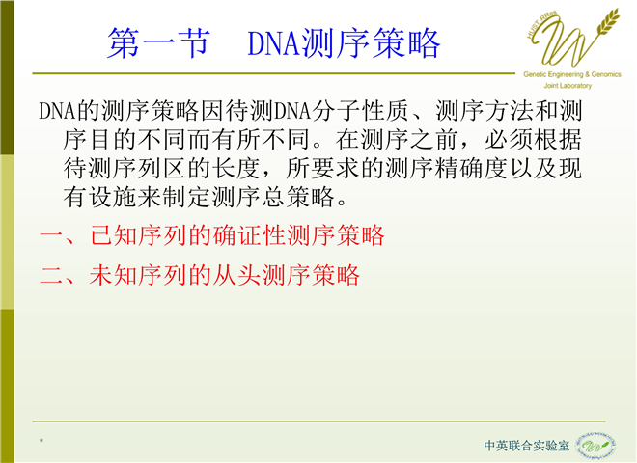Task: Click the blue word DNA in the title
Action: tap(274, 43)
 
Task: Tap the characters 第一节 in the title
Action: tap(159, 43)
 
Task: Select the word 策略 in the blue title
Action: tap(406, 43)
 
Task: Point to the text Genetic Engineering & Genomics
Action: tap(572, 74)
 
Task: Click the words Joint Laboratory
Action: tap(568, 86)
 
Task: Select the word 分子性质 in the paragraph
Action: tap(360, 111)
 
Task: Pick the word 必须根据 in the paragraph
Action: tap(533, 139)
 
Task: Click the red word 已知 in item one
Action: tap(113, 235)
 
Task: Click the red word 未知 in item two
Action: tap(113, 275)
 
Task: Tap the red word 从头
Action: tap(236, 275)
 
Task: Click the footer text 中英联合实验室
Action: tap(527, 445)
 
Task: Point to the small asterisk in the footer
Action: tap(42, 440)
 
